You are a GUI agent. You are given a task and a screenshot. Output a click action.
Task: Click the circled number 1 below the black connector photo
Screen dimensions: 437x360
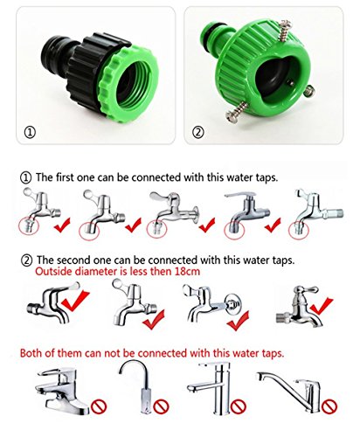tap(30, 134)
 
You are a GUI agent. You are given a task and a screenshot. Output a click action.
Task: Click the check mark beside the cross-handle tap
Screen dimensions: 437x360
tap(325, 307)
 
